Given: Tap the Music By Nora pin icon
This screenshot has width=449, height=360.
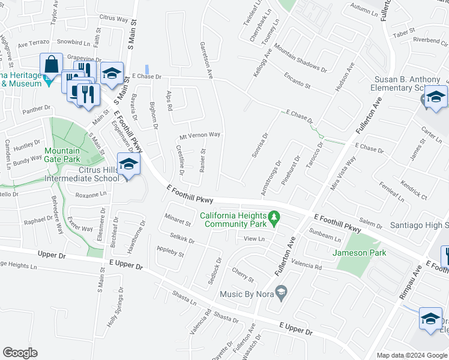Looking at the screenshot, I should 280,293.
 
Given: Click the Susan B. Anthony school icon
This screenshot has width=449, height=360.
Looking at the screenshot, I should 436,97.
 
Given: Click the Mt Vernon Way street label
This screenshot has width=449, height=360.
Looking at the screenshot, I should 200,135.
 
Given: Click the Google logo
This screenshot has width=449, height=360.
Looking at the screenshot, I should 20,353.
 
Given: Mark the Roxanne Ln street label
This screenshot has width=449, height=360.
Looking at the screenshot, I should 90,194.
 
